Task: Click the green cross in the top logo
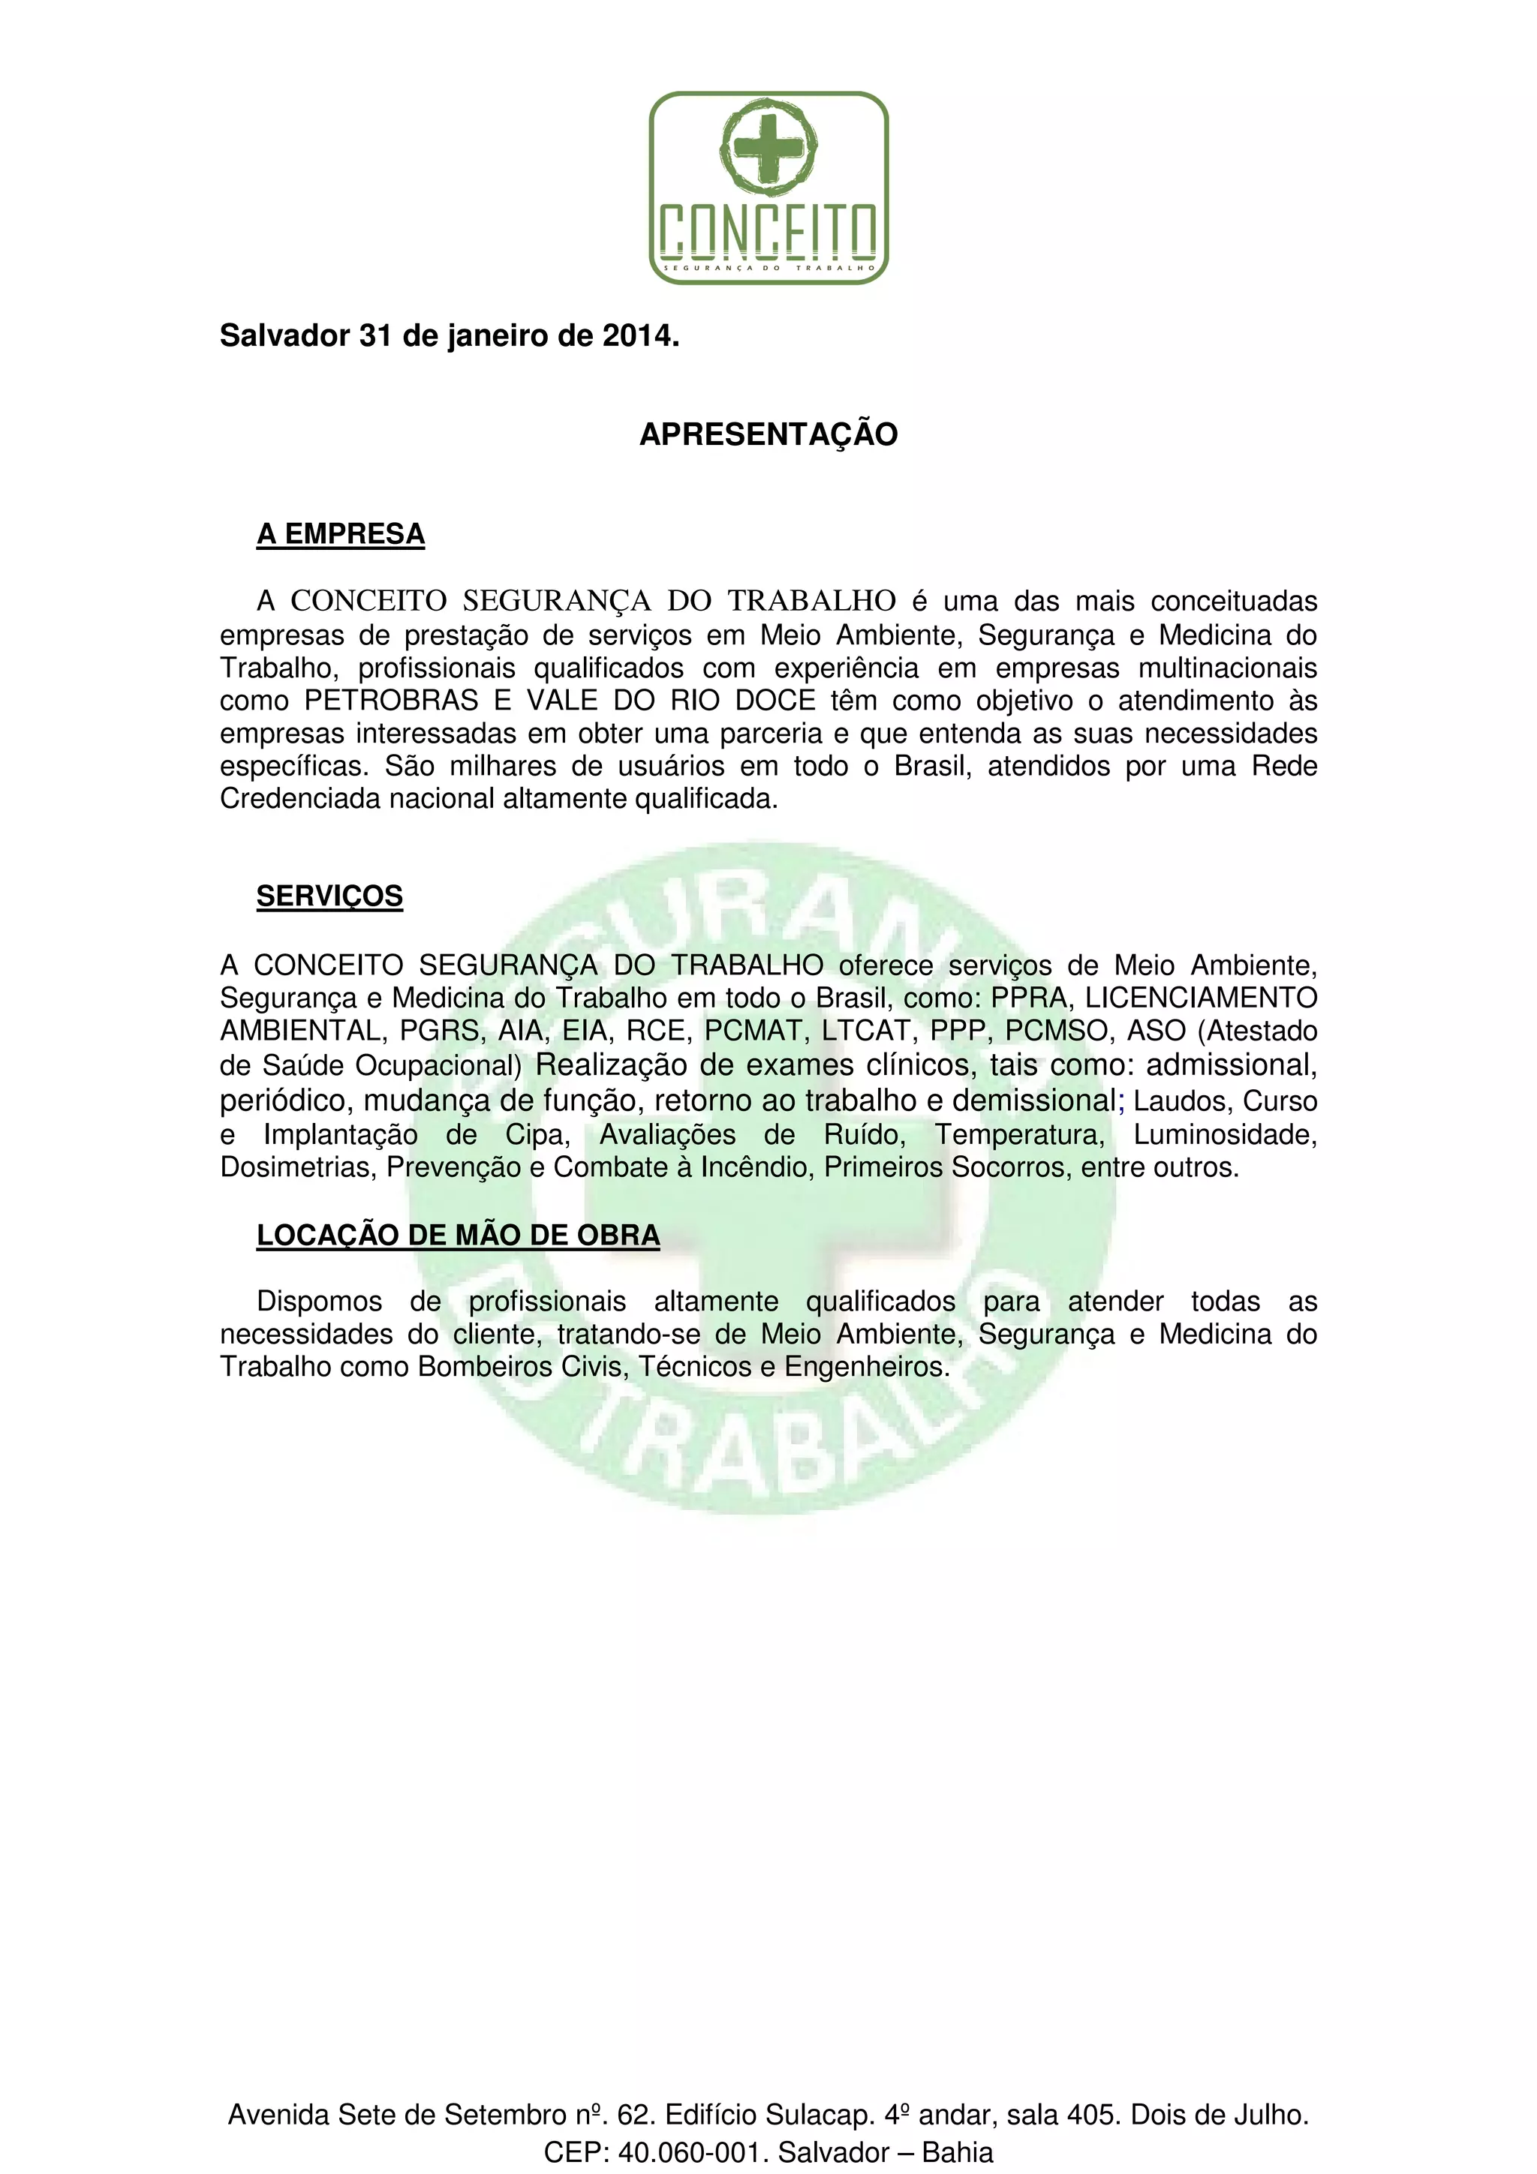(768, 148)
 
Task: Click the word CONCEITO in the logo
(768, 230)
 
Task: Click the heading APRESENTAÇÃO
(768, 434)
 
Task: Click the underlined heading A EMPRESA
(341, 535)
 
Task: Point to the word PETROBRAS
(391, 701)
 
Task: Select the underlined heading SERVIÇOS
(329, 896)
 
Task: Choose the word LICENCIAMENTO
(1201, 998)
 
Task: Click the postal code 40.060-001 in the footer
(688, 2152)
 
